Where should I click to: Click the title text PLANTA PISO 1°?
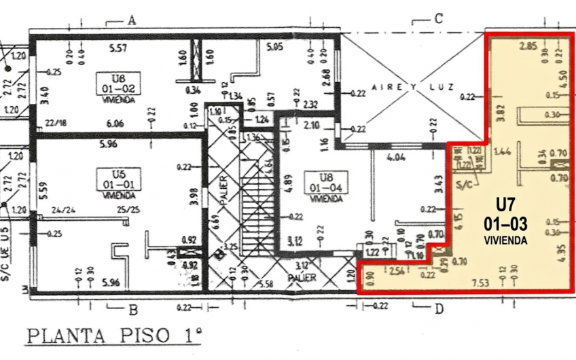click(x=114, y=336)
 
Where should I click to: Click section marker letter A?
click(x=132, y=20)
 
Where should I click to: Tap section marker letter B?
click(x=132, y=311)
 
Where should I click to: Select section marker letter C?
click(x=438, y=19)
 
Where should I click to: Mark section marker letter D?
click(x=438, y=310)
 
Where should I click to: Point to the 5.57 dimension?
click(x=119, y=48)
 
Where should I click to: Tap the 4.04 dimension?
click(x=395, y=158)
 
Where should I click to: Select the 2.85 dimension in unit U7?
click(x=528, y=47)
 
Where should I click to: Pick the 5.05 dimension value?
click(x=274, y=48)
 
